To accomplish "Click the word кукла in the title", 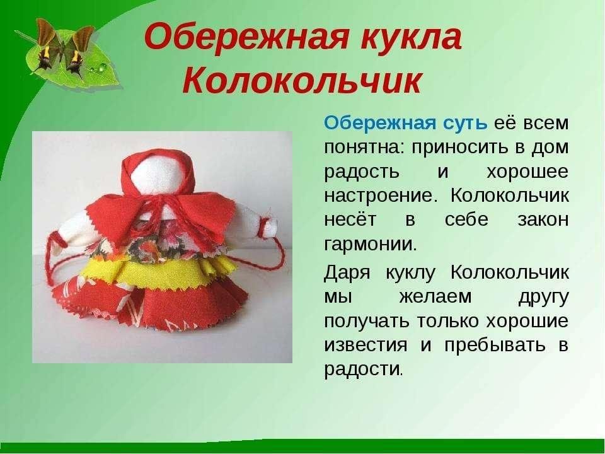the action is coord(411,37).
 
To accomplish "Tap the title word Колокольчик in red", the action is coord(302,81).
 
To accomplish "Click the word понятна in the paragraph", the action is coord(365,148).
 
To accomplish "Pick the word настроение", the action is coord(381,195).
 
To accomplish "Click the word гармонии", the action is coord(371,244).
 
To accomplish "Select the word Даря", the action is coord(347,272).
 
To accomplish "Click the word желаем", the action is coord(435,297).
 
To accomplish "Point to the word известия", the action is coord(366,345).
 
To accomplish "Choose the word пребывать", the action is coord(495,345).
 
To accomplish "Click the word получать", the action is coord(366,321).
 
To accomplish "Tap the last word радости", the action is coord(364,369).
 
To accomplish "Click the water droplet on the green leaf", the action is coord(102,68).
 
